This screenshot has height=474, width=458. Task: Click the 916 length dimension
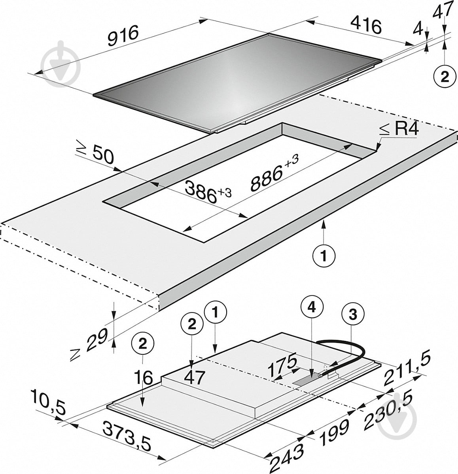tap(123, 36)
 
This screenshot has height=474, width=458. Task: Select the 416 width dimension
tap(365, 26)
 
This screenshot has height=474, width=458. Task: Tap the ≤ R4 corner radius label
tap(399, 130)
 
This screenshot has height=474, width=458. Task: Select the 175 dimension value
tap(282, 364)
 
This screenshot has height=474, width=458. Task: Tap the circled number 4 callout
tap(312, 308)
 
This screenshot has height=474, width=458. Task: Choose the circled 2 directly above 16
tap(143, 344)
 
